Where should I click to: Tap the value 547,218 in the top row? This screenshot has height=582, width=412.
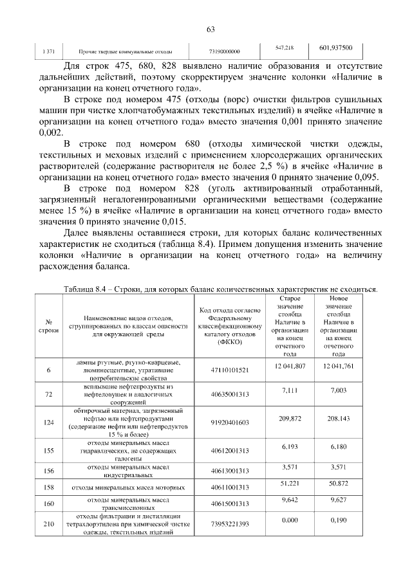coord(285,48)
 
